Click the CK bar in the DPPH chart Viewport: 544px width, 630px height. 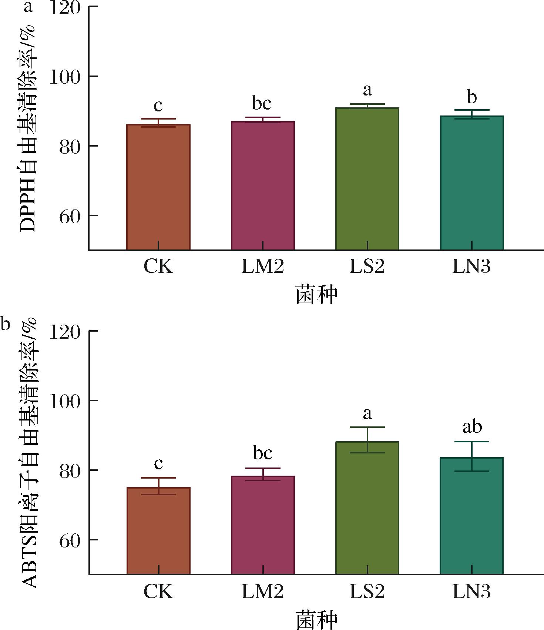pos(158,187)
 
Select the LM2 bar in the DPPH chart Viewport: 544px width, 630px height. pos(263,186)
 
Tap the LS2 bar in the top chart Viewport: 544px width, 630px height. pos(367,179)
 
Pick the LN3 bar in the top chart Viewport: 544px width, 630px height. pos(472,183)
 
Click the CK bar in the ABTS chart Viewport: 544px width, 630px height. pos(158,531)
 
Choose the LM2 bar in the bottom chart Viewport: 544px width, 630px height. pos(263,525)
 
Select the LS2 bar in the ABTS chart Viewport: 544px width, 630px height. pos(367,508)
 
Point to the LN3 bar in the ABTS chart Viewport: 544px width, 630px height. pos(472,516)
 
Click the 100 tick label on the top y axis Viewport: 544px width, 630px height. pos(65,77)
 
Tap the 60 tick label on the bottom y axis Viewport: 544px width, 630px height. pos(70,540)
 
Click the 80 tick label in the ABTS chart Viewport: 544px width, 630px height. pos(70,470)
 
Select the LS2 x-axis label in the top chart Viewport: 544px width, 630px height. pos(367,266)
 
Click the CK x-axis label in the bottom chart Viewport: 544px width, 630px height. pos(158,591)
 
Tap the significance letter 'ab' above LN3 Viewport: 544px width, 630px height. pos(472,426)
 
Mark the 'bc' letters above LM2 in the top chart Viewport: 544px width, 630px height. pos(262,103)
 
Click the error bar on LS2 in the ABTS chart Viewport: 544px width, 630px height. pos(367,440)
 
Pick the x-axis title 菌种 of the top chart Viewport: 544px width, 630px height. pos(317,295)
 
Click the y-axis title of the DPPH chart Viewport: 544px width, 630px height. pos(28,128)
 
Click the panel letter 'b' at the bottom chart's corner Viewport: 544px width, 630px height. pos(5,324)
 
